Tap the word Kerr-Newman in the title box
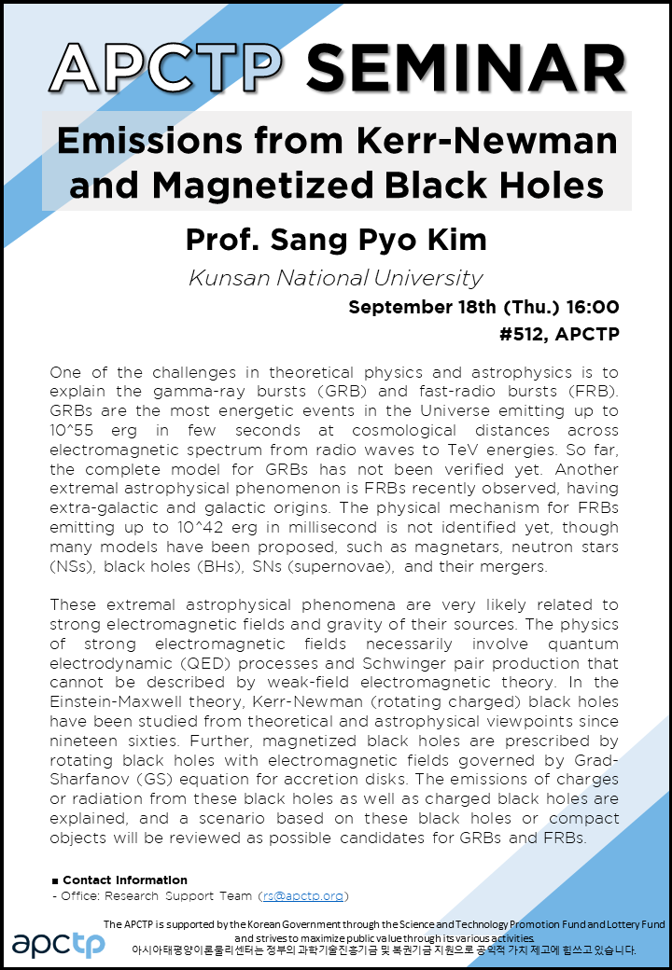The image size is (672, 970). point(486,141)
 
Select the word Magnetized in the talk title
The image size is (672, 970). point(264,185)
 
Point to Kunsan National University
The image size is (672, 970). point(335,278)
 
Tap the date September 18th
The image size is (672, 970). point(423,307)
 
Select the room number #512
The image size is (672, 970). point(523,334)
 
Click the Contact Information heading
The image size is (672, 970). point(124,880)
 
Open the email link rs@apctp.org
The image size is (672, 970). point(302,895)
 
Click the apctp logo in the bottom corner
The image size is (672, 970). point(58,944)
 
